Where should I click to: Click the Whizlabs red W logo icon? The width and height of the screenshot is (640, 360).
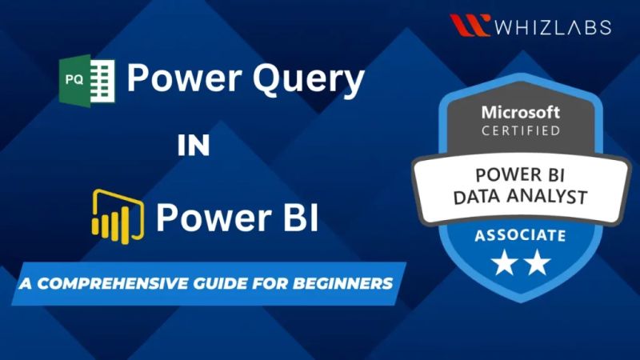(470, 25)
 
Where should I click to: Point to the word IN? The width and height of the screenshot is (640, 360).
(194, 146)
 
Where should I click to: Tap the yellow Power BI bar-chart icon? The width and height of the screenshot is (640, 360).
(118, 214)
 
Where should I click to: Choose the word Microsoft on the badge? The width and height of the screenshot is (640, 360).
(520, 110)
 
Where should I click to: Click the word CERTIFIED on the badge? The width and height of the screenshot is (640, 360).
(520, 129)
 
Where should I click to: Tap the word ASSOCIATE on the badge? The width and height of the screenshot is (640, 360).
(520, 236)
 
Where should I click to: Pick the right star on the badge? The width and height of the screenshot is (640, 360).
(537, 262)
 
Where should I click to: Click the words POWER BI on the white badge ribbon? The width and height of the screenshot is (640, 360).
(521, 174)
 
